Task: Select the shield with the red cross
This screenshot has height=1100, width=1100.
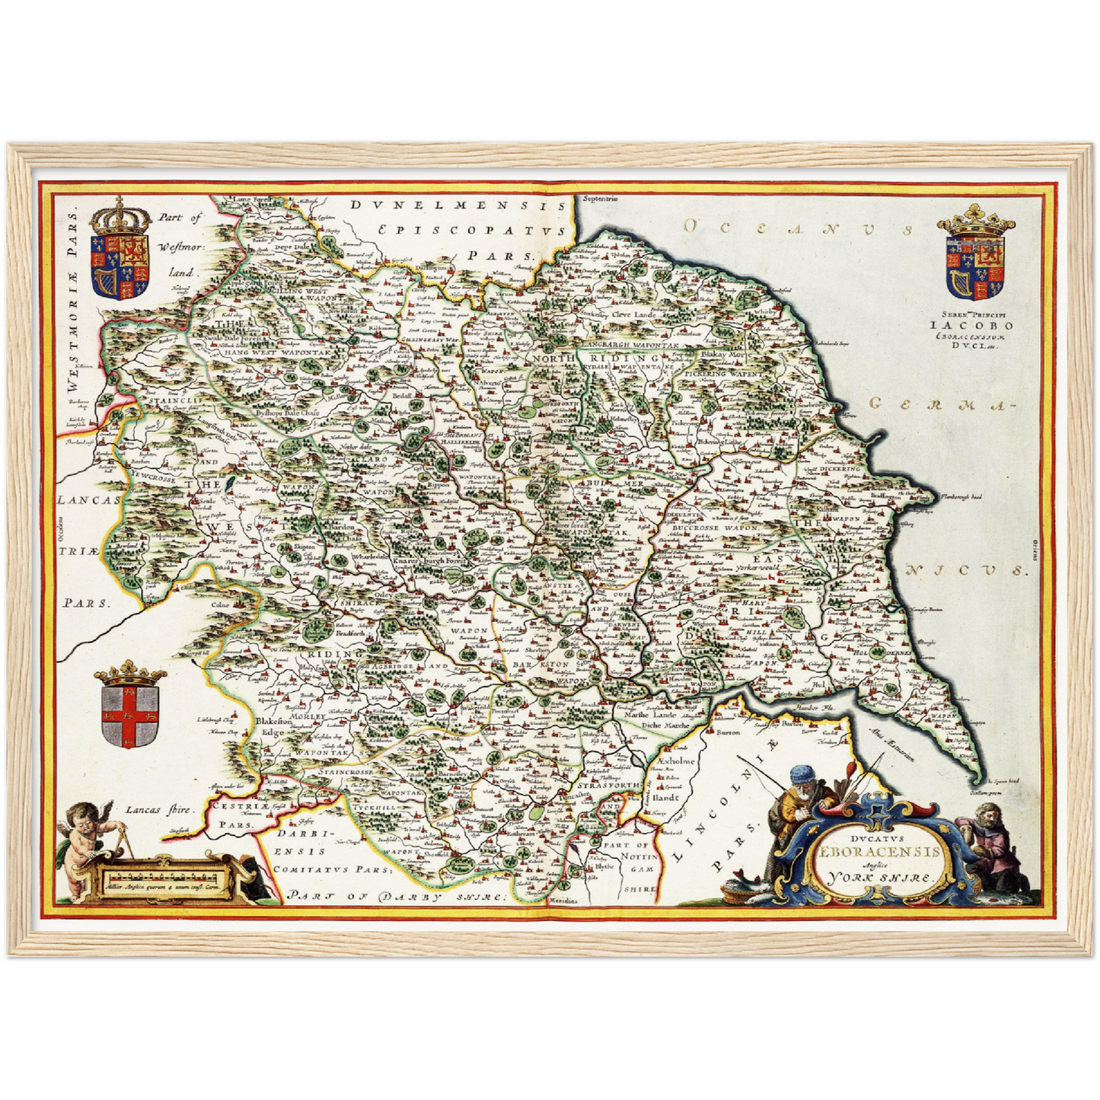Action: [x=129, y=716]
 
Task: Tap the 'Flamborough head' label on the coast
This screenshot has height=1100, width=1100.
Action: [x=961, y=497]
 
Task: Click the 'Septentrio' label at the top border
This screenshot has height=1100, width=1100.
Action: [x=601, y=199]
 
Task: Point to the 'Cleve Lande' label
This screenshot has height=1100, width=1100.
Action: [x=631, y=314]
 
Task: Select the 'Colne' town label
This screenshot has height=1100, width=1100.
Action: [x=220, y=605]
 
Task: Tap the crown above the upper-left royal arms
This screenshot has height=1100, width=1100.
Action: [x=120, y=218]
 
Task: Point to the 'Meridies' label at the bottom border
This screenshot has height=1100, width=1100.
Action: [x=582, y=901]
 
